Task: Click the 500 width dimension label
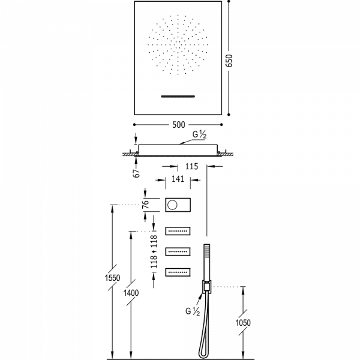(178, 125)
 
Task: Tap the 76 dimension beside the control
(146, 205)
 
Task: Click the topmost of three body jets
(178, 230)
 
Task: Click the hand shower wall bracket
(208, 287)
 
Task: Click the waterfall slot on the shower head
(178, 96)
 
